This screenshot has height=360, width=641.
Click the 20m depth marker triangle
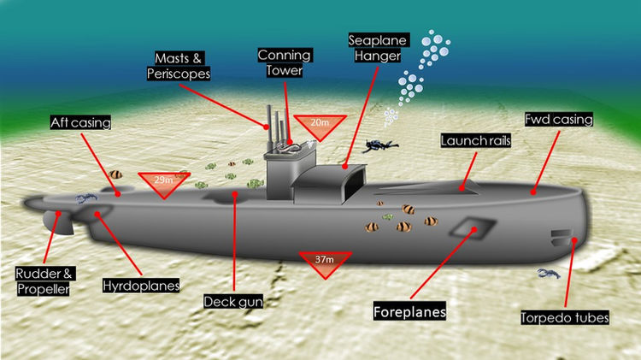320,126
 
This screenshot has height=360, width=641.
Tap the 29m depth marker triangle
164,182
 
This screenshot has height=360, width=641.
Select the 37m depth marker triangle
325,263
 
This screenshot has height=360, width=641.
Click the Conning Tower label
285,62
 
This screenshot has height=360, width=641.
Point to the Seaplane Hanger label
378,48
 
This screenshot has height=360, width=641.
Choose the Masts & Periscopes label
179,66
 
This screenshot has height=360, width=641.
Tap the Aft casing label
80,122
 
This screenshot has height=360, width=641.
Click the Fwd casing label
559,120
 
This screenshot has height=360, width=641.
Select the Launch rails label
476,141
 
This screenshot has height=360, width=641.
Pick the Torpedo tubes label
565,317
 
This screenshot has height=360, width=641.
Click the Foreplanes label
409,312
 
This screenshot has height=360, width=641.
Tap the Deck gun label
233,302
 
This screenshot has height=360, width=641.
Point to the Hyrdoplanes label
141,285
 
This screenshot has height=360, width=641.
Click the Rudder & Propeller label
44,281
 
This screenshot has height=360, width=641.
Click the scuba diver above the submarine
379,146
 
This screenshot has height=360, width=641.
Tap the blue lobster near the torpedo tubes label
549,273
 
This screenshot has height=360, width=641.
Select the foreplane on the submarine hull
473,227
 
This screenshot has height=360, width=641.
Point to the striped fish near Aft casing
115,174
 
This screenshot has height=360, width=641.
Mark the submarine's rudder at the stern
58,222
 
